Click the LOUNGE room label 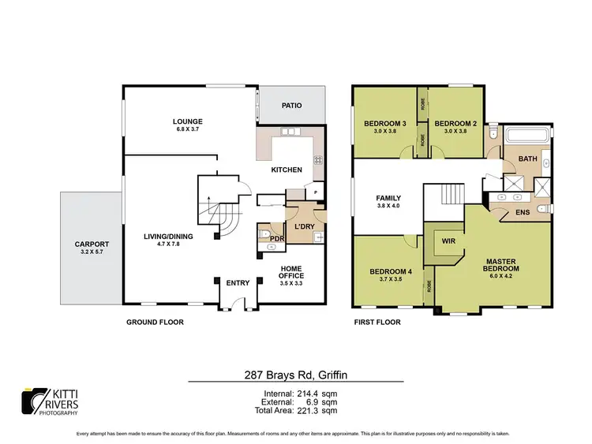(x=189, y=121)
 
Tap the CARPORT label (x=91, y=244)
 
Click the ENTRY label (x=238, y=283)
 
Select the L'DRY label (x=304, y=227)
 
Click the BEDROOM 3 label (x=384, y=124)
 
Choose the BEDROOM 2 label (x=455, y=124)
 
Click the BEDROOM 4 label (x=391, y=272)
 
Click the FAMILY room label (x=388, y=199)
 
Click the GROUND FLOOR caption (x=156, y=322)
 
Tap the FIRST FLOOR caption (x=377, y=322)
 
